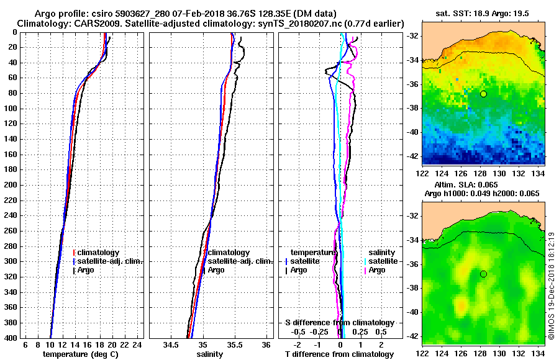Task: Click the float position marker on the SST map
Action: [483, 94]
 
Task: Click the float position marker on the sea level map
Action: [483, 274]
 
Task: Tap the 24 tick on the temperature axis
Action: [138, 345]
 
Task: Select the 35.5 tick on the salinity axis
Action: [234, 345]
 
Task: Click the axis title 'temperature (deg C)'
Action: [80, 354]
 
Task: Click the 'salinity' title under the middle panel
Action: [211, 354]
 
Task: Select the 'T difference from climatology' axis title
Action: [340, 354]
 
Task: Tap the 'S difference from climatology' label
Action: [340, 323]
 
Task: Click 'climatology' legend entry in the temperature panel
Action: [99, 253]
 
